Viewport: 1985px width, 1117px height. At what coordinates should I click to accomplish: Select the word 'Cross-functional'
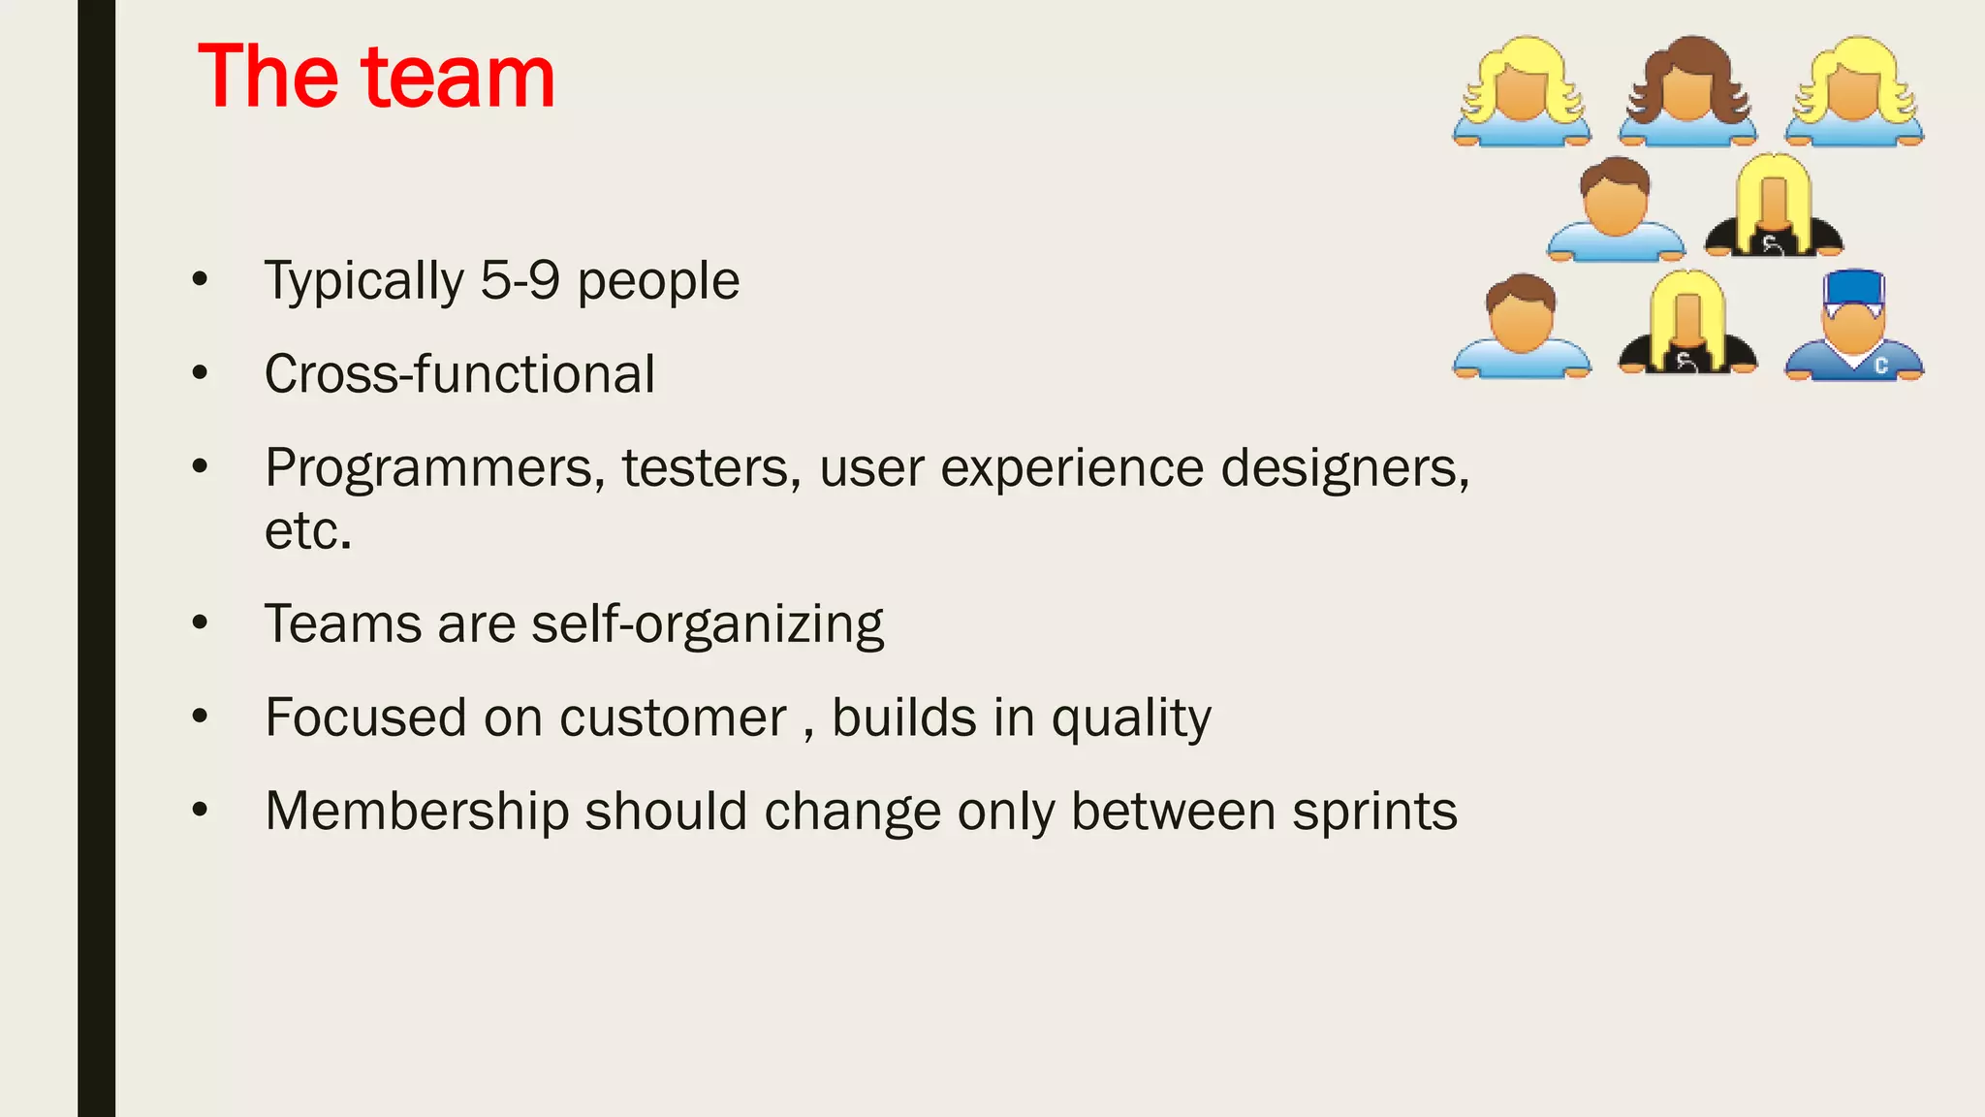[x=459, y=374]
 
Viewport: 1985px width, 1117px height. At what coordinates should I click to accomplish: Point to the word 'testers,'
[x=711, y=469]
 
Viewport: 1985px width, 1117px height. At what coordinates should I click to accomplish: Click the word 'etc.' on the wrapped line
[x=308, y=531]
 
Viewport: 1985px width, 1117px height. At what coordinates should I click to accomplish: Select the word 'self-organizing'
[x=708, y=624]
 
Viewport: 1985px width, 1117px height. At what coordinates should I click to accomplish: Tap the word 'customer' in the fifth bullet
[x=673, y=718]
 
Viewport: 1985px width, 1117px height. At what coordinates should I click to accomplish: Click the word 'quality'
[x=1131, y=718]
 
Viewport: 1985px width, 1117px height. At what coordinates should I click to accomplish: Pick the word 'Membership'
[x=417, y=812]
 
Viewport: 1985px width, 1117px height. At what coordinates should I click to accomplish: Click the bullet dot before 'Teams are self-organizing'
[x=200, y=622]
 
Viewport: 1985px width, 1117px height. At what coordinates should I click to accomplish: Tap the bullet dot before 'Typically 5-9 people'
[x=200, y=279]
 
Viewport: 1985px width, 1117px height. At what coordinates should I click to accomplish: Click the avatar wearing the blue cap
[x=1853, y=325]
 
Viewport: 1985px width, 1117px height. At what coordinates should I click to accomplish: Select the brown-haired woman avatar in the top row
[x=1687, y=92]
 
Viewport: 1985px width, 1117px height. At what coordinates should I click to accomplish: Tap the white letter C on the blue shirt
[x=1880, y=366]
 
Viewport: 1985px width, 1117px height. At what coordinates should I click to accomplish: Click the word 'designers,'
[x=1345, y=469]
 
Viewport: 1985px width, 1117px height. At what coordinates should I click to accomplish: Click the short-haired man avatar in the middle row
[x=1615, y=208]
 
